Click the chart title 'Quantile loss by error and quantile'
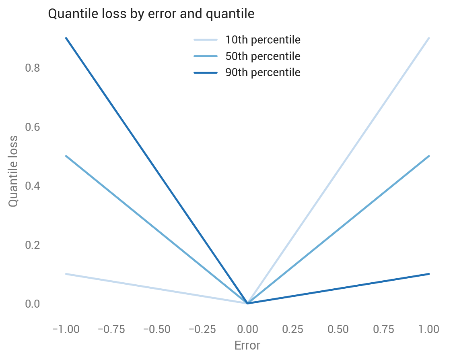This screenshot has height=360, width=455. (151, 14)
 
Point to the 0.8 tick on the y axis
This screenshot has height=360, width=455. (33, 68)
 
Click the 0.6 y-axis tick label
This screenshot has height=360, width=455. (33, 127)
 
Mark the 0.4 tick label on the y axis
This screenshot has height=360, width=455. (33, 186)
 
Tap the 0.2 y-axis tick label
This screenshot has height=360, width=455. (33, 245)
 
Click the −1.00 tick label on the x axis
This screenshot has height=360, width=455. (66, 329)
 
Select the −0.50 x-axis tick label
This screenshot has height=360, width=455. (156, 329)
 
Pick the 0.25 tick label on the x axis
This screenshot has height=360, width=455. (292, 329)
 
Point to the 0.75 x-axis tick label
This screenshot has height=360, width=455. (383, 329)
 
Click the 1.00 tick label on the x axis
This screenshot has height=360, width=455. (429, 329)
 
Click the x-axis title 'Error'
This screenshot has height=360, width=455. (247, 346)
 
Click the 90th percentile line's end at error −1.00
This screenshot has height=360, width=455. (66, 38)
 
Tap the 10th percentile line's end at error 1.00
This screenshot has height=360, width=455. (429, 38)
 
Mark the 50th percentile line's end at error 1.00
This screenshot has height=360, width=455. (429, 156)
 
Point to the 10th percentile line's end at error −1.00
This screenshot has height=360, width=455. (66, 274)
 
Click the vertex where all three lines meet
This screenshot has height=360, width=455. (247, 303)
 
